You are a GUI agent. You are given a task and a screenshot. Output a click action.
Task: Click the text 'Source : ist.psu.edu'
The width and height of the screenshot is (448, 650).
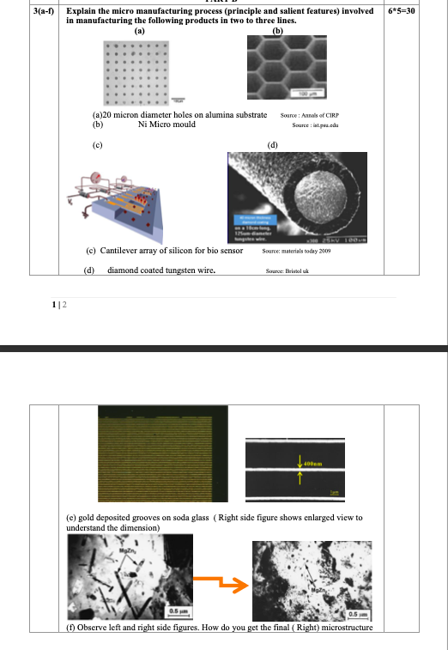312,125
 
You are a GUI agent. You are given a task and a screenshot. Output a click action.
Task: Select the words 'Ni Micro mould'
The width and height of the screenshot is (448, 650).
166,125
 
